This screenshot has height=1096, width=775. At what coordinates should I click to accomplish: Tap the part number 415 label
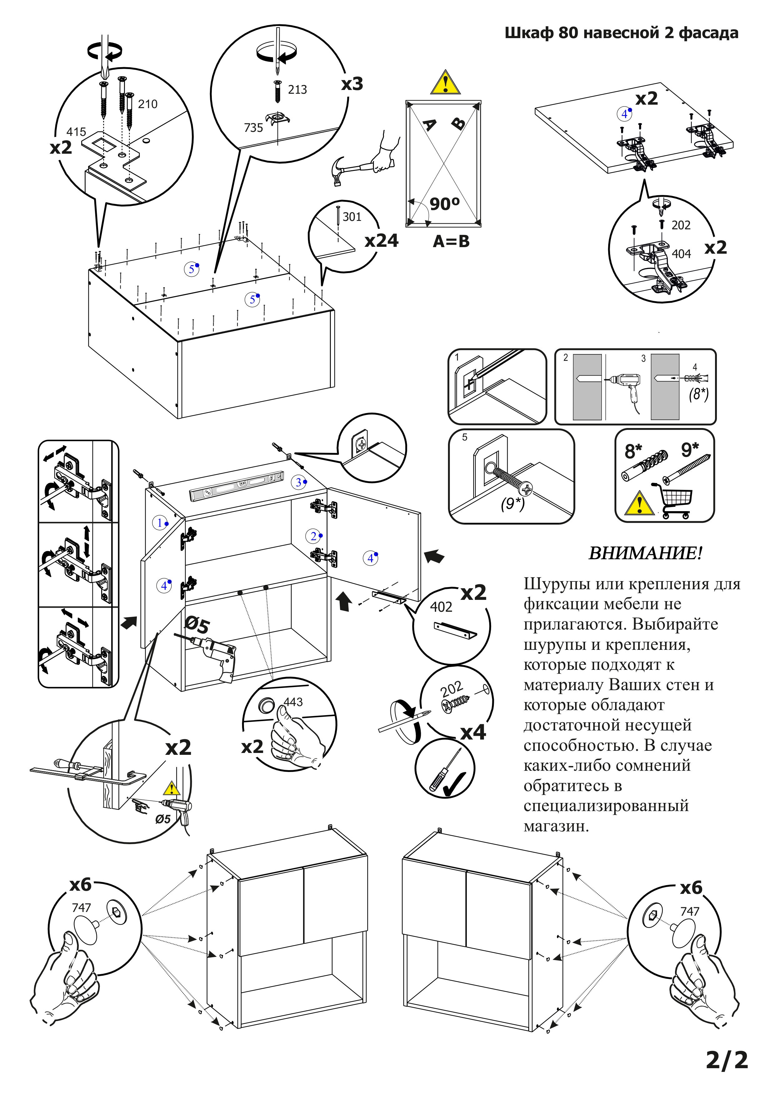point(76,132)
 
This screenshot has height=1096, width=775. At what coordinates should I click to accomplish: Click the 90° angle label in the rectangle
point(444,204)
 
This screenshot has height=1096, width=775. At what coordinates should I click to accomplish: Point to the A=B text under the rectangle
point(451,242)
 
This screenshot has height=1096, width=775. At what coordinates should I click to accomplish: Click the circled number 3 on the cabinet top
point(299,482)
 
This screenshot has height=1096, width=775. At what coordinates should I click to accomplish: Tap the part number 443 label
point(293,702)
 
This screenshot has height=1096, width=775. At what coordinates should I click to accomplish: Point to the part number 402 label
point(441,607)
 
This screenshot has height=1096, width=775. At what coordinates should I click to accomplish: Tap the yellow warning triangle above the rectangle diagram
point(445,82)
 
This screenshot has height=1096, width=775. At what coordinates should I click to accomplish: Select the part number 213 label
point(297,90)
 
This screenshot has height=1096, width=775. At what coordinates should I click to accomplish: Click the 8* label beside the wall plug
point(634,451)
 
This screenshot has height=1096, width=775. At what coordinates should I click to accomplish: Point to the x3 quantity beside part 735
point(352,84)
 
